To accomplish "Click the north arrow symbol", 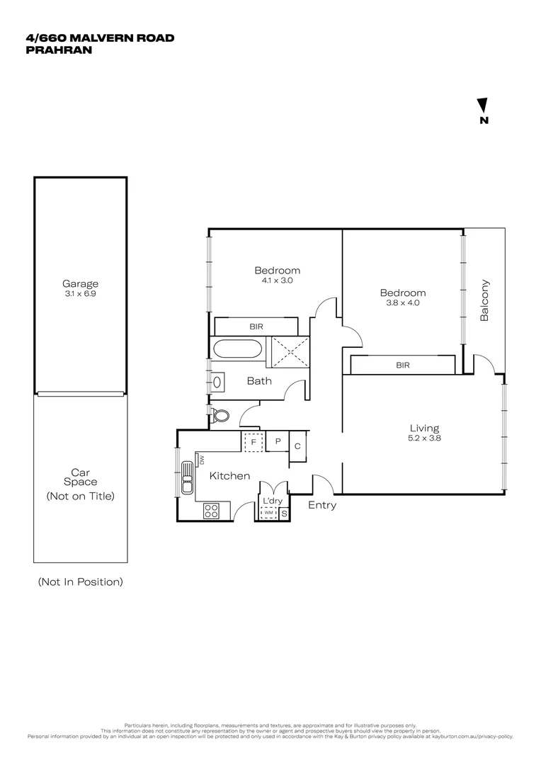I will pos(484,106).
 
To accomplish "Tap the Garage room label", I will pos(80,283).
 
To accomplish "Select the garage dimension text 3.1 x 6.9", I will pos(80,293).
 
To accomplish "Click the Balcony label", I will pos(485,301).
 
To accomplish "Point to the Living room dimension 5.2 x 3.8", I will pos(424,438).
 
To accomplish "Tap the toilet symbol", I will pos(220,415).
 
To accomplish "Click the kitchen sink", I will pos(187,477).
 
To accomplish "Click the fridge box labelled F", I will pos(253,442).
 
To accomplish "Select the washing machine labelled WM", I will pos(269,513).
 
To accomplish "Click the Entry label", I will pos(322,505).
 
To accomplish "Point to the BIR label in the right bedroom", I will pos(402,365).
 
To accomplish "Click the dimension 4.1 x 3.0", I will pos(277,280).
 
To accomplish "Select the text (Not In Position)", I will pos(80,582).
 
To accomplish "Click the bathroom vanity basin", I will pos(217,382).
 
